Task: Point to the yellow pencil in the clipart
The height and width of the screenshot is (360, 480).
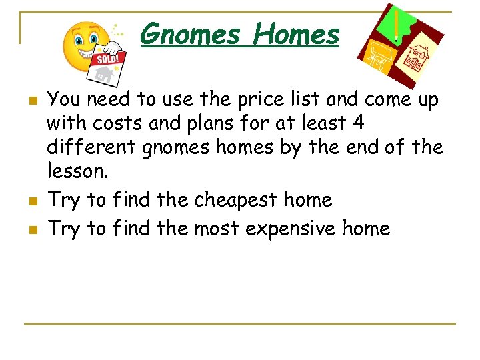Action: [x=398, y=25]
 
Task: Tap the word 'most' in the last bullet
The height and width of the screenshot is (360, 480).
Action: [x=217, y=229]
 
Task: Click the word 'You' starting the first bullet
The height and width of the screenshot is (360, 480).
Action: [x=63, y=100]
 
